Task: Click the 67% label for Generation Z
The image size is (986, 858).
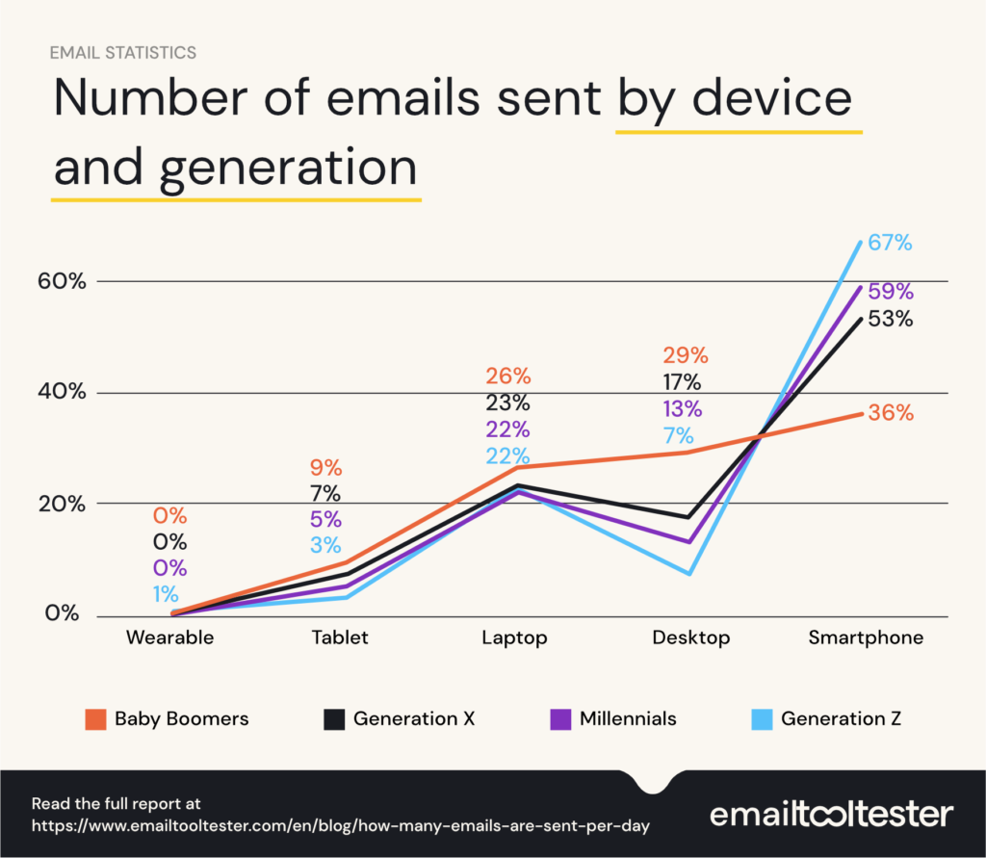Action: point(890,243)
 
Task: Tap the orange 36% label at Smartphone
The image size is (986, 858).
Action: point(891,413)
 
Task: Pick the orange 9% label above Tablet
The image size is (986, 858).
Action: point(325,469)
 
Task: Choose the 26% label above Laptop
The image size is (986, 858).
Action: point(507,376)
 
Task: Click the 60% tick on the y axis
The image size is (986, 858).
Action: point(65,281)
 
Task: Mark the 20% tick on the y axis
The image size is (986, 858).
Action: point(65,504)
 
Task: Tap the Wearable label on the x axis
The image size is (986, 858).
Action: point(170,637)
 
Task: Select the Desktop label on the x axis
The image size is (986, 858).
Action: point(690,637)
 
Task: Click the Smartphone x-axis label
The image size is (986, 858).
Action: point(866,637)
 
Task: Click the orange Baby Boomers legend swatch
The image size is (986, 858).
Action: point(93,719)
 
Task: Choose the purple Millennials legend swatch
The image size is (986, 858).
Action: point(558,719)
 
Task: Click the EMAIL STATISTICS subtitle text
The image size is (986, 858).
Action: point(122,52)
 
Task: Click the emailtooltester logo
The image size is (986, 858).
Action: point(831,814)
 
